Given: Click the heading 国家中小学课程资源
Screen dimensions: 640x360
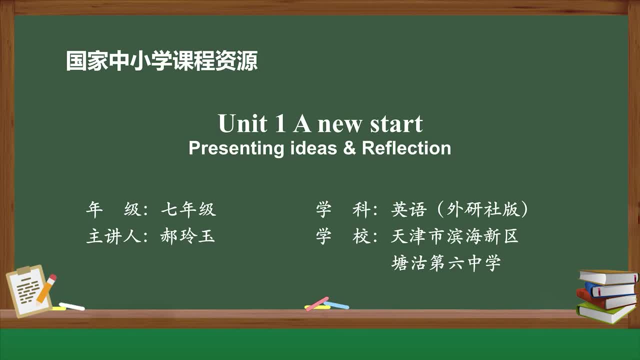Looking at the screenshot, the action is tap(161, 60).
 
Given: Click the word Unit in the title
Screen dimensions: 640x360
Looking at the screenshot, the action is tap(243, 123).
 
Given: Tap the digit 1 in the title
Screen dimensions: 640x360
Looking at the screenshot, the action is tap(280, 123).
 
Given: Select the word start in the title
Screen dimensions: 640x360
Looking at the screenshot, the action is tap(396, 124).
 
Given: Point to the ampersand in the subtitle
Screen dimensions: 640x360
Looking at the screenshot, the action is tap(349, 147).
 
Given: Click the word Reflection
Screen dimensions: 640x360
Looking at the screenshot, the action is tap(406, 147).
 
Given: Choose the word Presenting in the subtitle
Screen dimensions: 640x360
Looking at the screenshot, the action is tap(236, 148).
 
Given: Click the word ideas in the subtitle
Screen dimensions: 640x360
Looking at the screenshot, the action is tap(313, 147).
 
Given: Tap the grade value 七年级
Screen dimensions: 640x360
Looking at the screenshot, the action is tap(188, 209).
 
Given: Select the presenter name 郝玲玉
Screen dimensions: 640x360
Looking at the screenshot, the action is tap(187, 236).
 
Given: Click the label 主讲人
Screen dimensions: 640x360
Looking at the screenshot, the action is tap(113, 236).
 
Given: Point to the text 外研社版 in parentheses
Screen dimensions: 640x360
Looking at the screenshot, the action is tap(483, 209).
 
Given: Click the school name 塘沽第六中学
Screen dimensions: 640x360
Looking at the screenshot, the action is tap(445, 263).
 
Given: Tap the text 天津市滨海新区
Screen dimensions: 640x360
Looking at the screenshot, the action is tap(454, 236).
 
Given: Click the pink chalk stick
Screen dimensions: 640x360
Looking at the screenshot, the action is tap(317, 303).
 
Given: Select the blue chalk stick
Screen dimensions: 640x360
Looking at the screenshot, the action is tap(336, 305).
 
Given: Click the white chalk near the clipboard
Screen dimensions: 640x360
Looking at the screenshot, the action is tap(71, 306).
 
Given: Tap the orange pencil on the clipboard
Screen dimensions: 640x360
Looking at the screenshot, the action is tap(46, 289).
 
